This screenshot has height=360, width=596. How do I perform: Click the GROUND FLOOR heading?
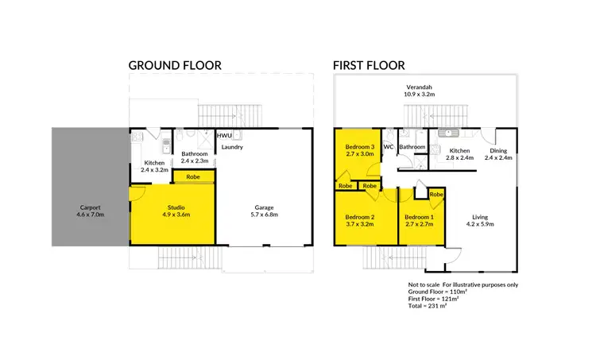(175, 65)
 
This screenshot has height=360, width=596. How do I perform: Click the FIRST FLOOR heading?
(370, 65)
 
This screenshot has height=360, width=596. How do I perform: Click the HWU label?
(224, 137)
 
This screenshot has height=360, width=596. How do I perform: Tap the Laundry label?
(232, 147)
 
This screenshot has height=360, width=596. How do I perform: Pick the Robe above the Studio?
(192, 176)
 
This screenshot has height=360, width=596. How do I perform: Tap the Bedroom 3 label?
(359, 147)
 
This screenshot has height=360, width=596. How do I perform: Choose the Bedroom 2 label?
(359, 217)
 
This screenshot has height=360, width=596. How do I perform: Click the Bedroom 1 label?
(419, 217)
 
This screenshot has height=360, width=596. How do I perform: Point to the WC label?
(389, 147)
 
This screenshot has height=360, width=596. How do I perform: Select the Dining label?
(498, 150)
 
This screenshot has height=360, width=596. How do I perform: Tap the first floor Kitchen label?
(459, 150)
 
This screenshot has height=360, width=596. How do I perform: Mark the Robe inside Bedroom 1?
(435, 194)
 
